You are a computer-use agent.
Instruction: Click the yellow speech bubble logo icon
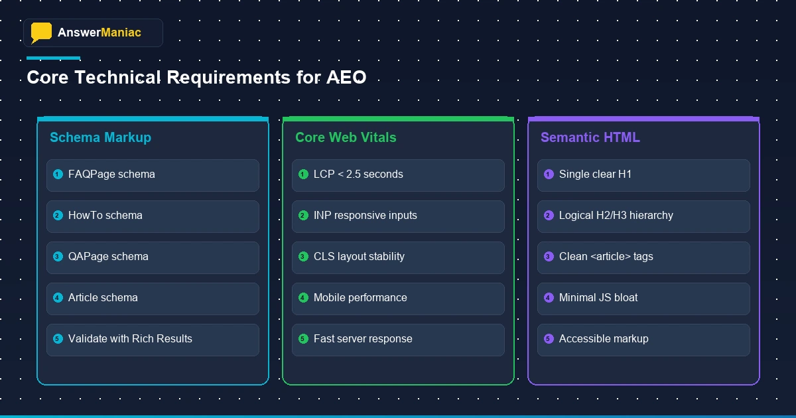click(41, 33)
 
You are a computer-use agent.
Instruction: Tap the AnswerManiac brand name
click(99, 33)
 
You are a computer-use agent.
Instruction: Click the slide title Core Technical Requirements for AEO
click(196, 78)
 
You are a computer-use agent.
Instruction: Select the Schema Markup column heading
click(100, 137)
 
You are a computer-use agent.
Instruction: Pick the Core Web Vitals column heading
click(346, 137)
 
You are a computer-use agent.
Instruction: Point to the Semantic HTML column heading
click(590, 137)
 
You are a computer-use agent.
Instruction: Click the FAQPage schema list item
click(111, 174)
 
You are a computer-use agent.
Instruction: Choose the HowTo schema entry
click(105, 216)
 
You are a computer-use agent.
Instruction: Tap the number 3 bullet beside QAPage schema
click(58, 257)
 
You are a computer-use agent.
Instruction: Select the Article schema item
click(103, 298)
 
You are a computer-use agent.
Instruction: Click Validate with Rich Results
click(130, 339)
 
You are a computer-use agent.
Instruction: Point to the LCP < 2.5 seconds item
click(358, 174)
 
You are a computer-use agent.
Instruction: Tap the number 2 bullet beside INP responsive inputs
click(303, 216)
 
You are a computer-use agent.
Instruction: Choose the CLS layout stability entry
click(359, 257)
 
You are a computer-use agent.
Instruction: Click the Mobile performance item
click(360, 298)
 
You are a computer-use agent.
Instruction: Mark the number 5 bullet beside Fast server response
click(303, 339)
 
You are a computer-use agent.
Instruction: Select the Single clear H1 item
click(595, 174)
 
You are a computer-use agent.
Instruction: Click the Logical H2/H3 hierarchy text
click(616, 216)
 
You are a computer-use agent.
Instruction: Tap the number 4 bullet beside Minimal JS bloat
click(549, 298)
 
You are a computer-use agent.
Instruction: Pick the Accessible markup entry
click(604, 339)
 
